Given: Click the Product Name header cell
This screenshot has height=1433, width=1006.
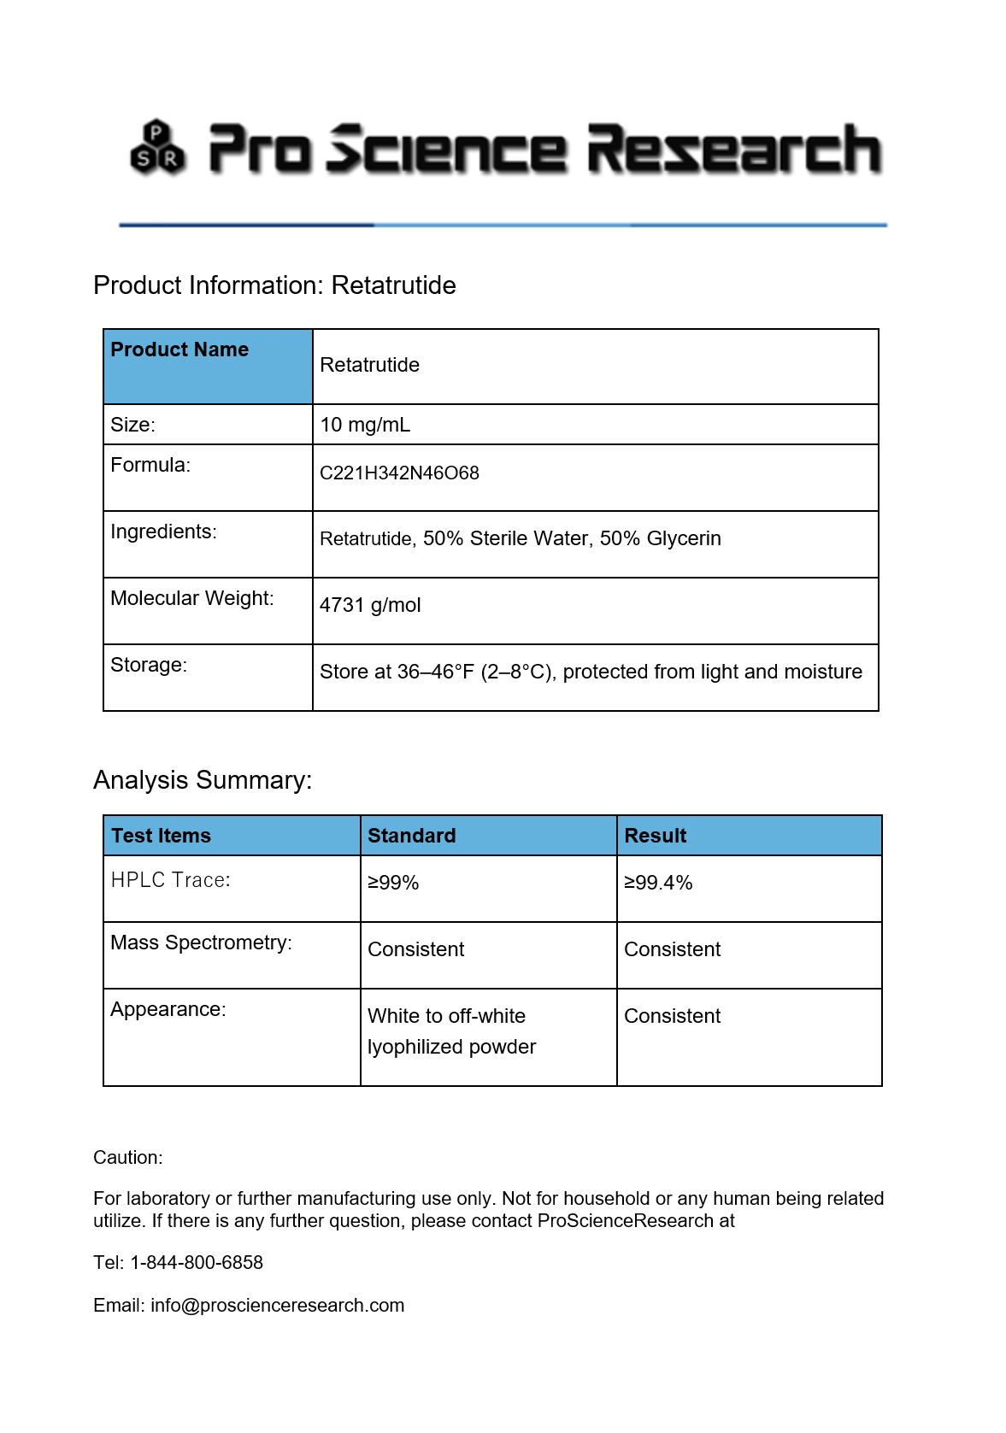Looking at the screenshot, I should tap(179, 349).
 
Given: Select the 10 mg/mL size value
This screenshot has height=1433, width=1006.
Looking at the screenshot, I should tap(365, 425).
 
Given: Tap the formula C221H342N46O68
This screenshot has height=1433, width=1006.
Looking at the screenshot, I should tap(399, 473).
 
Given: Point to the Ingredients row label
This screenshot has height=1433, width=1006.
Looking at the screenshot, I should tap(163, 532).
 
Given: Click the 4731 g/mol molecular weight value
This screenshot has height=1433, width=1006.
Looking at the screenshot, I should tap(370, 605).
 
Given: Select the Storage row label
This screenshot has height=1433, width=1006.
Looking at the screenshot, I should tap(149, 665).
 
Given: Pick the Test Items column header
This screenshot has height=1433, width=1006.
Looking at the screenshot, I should tap(161, 836).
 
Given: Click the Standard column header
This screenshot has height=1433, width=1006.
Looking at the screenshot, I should tap(411, 836).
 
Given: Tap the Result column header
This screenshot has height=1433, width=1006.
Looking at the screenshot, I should tap(655, 836).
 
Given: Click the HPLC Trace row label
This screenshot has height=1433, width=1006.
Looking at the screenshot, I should tap(170, 880).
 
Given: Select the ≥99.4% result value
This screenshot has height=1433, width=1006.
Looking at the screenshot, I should tap(658, 883).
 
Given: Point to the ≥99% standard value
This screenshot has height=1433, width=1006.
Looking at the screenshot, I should tap(393, 883).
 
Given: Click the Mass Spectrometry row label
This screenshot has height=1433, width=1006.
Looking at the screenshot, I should tap(201, 943).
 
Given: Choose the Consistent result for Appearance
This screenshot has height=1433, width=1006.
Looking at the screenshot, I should tap(672, 1016).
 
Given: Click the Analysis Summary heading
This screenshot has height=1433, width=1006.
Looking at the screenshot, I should tap(203, 780).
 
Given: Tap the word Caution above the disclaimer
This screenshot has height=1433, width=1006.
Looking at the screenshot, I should tap(127, 1158).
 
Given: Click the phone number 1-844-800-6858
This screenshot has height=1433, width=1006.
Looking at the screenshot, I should tap(197, 1263).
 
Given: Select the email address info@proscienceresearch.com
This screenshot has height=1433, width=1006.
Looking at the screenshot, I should tap(277, 1306).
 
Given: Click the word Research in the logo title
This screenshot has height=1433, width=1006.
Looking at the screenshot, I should tap(733, 150).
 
